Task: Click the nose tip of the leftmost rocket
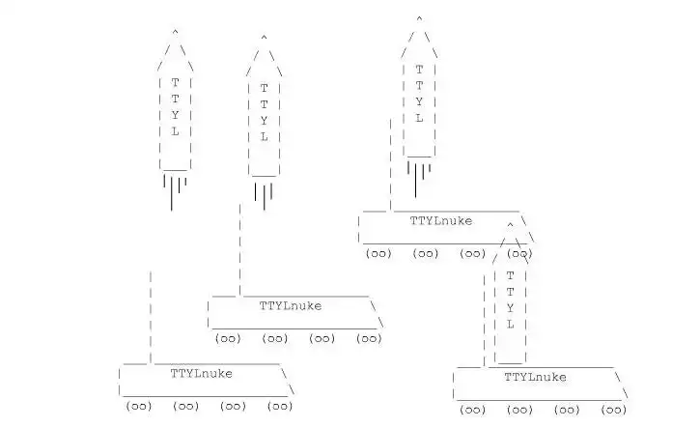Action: coord(175,33)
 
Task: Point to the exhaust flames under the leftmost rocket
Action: coord(174,190)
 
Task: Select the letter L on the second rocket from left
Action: coord(264,137)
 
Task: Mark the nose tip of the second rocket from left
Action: coord(264,39)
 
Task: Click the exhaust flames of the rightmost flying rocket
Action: coord(418,178)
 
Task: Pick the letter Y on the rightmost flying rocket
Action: coord(419,101)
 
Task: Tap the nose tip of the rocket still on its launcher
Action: coord(510,225)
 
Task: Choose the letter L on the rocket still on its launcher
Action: coord(510,325)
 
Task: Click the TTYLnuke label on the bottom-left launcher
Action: coord(201,373)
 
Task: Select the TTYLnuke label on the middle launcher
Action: coord(291,305)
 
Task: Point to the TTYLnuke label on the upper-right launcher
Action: coord(441,220)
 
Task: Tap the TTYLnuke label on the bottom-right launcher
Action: coord(535,377)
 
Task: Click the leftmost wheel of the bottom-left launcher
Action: coord(139,407)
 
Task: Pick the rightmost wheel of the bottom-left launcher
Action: coord(281,407)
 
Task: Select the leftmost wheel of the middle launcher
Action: coord(228,339)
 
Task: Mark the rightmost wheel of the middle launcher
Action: coord(370,339)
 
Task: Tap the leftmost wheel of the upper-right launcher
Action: coord(378,254)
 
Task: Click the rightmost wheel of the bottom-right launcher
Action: coord(614,411)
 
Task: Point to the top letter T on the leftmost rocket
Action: coord(175,82)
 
